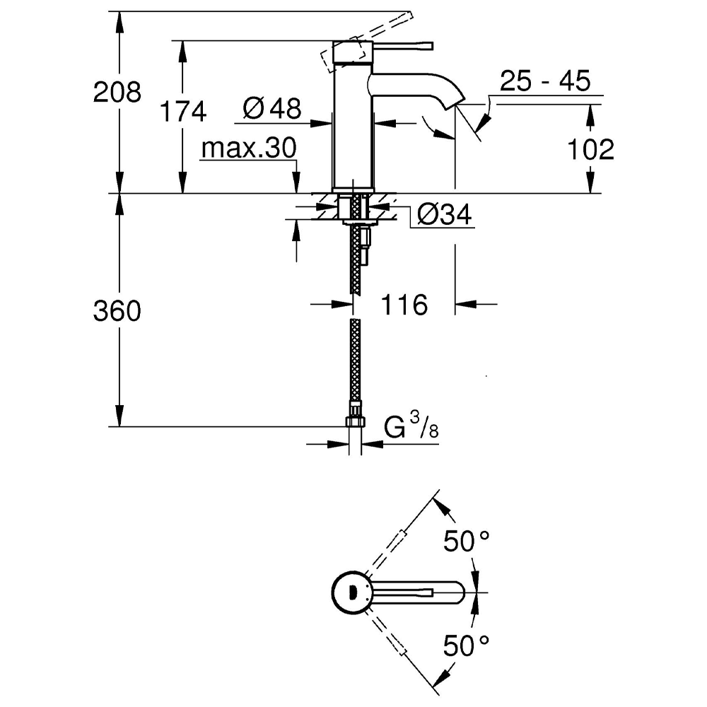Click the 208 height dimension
[117, 93]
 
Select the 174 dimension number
[182, 111]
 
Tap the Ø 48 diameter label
[271, 108]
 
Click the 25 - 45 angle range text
[544, 81]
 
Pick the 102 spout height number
[590, 149]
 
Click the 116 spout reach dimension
[404, 305]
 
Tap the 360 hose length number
[117, 311]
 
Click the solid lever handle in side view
[403, 46]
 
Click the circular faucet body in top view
[351, 592]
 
